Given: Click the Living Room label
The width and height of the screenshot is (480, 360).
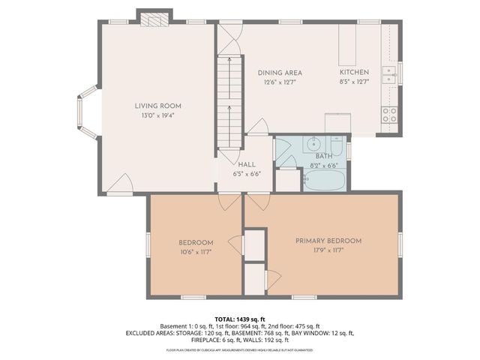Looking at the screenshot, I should (157, 106).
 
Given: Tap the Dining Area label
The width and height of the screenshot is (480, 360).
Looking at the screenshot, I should (280, 72).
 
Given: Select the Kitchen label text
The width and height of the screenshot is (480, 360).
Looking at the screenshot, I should (354, 72).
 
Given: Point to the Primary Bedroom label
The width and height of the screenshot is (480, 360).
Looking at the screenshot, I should (328, 241).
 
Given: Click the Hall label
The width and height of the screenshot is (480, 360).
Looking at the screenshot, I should (246, 164).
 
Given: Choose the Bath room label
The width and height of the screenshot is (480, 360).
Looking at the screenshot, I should (323, 155).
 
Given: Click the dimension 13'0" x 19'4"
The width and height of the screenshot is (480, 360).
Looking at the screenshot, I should (157, 115).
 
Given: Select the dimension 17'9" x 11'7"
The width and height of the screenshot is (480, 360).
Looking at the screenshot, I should (328, 250).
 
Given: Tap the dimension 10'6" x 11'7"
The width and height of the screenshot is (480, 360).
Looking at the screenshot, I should (196, 252).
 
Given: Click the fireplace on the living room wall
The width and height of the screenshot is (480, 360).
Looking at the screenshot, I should (155, 18).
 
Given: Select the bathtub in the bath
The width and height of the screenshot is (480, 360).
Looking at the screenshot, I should (324, 180).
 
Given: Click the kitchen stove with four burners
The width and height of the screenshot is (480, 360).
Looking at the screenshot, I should (389, 115).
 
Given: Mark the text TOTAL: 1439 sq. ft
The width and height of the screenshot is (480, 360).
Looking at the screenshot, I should (240, 319).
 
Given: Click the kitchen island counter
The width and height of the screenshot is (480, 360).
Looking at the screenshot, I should (347, 45).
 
